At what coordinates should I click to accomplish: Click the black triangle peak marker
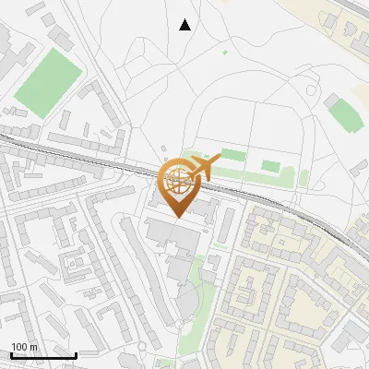pyautogui.click(x=185, y=25)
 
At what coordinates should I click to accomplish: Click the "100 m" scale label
pyautogui.click(x=24, y=347)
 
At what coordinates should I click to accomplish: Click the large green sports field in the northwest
pyautogui.click(x=49, y=77)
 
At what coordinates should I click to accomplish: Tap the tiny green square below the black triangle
pyautogui.click(x=225, y=52)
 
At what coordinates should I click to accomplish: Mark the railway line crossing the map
pyautogui.click(x=92, y=158)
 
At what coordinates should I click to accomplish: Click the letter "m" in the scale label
pyautogui.click(x=33, y=347)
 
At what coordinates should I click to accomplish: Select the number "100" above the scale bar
pyautogui.click(x=19, y=347)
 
